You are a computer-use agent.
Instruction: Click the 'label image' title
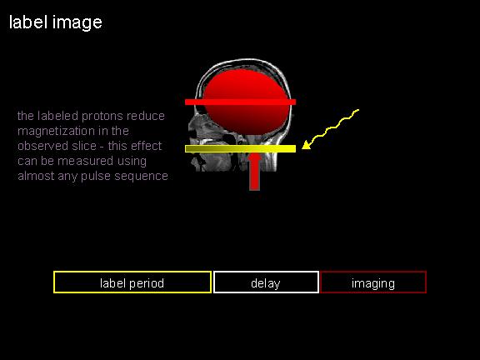point(55,23)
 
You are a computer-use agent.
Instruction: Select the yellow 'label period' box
point(132,282)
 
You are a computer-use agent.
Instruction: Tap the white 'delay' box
point(266,282)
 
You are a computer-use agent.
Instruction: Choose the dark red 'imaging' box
point(373,282)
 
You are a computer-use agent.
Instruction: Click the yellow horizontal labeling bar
point(240,149)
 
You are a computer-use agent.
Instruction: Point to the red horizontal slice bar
point(240,102)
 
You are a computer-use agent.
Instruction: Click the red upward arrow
point(254,172)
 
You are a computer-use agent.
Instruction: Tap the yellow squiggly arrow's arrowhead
point(307,145)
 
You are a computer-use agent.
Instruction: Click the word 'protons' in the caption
point(102,117)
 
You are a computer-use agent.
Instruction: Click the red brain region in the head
point(247,102)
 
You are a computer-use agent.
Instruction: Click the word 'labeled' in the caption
point(57,117)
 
